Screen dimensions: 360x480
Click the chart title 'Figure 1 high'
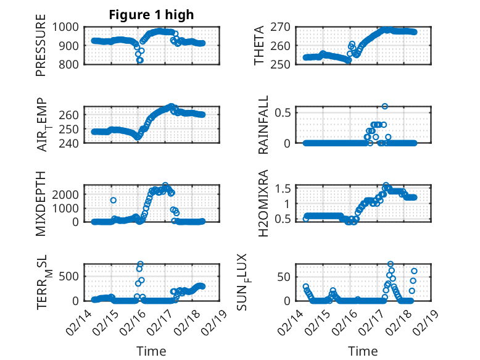coord(151,15)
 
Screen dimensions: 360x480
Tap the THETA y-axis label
coord(259,46)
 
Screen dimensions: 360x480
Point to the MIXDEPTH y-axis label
coord(41,204)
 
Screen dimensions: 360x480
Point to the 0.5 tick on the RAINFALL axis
coord(283,112)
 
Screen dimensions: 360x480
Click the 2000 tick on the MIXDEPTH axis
coord(65,194)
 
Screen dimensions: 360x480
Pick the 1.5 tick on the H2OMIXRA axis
coord(283,188)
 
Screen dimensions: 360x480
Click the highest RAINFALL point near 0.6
coord(385,107)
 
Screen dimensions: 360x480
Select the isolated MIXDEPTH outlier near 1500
coord(114,200)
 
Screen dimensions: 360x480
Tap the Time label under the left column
coord(151,351)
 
